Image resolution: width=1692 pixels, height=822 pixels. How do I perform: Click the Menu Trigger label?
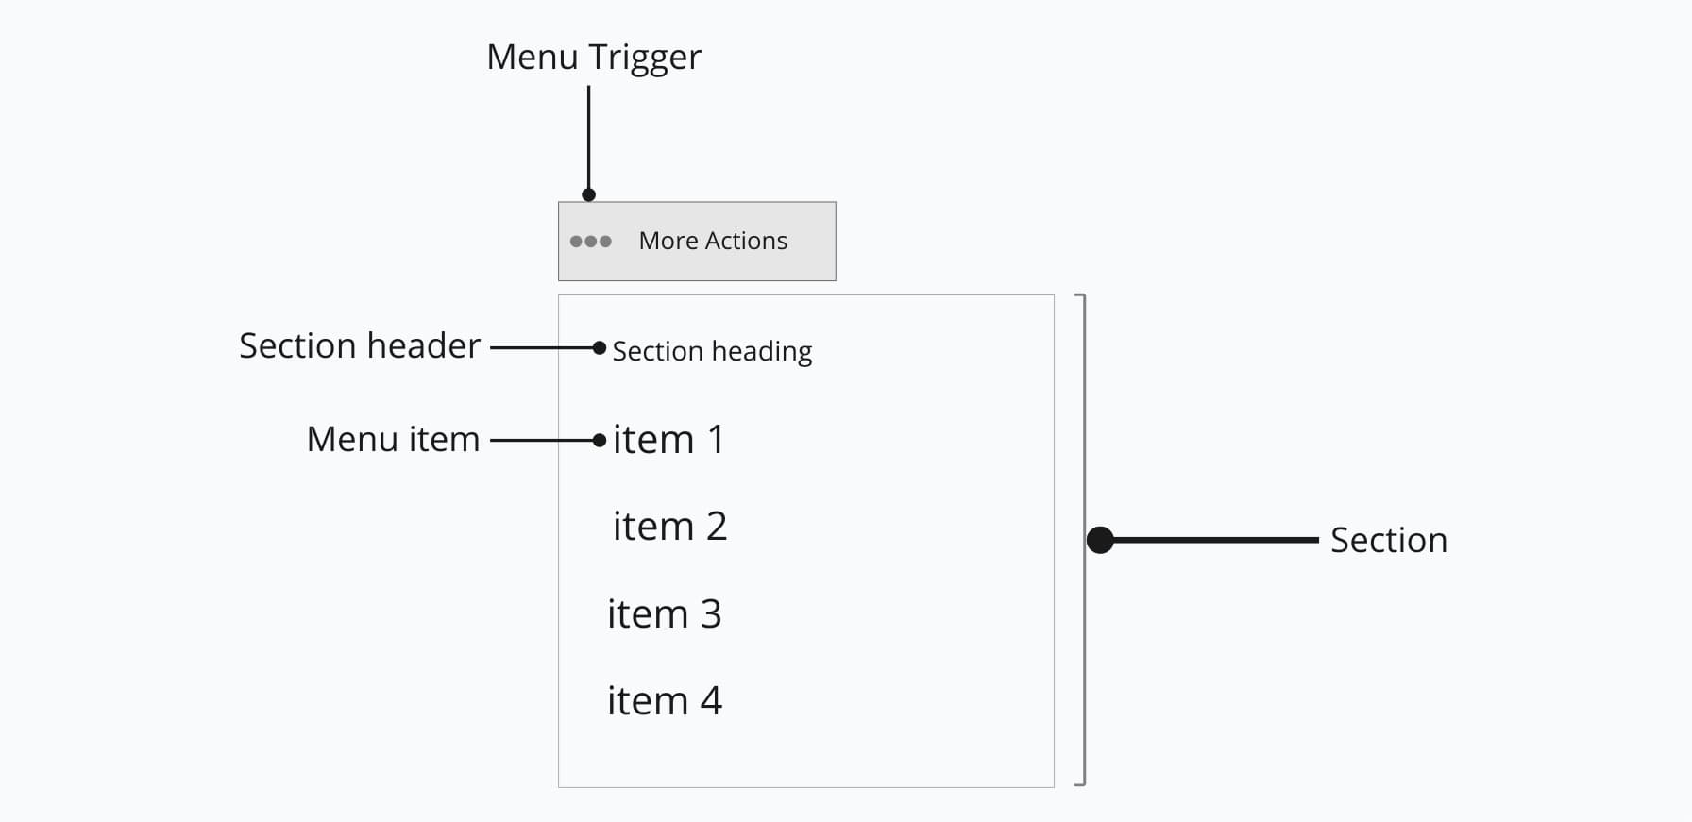(593, 58)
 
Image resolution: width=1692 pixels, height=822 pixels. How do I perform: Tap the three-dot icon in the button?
(591, 242)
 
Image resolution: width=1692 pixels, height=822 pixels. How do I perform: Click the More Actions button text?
(713, 241)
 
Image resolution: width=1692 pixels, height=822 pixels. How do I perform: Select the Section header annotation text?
(360, 345)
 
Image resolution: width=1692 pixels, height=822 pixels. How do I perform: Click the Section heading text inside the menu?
(712, 351)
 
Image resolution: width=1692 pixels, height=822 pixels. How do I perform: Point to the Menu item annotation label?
(393, 439)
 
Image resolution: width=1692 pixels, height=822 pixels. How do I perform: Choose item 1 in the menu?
(668, 440)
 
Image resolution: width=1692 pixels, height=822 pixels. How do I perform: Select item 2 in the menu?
(669, 527)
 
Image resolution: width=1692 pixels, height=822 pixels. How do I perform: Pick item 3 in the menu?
(664, 614)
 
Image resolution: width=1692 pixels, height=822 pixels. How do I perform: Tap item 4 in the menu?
(664, 701)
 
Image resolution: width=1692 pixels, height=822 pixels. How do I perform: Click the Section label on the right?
(1388, 541)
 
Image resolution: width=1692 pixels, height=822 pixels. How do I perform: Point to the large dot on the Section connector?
(1100, 540)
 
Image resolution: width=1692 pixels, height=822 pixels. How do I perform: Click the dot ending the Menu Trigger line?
(588, 195)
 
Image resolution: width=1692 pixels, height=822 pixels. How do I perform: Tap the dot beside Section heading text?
(599, 348)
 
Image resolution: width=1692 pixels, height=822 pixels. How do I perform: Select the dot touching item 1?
(599, 440)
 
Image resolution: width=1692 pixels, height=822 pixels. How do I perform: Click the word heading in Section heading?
(761, 352)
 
